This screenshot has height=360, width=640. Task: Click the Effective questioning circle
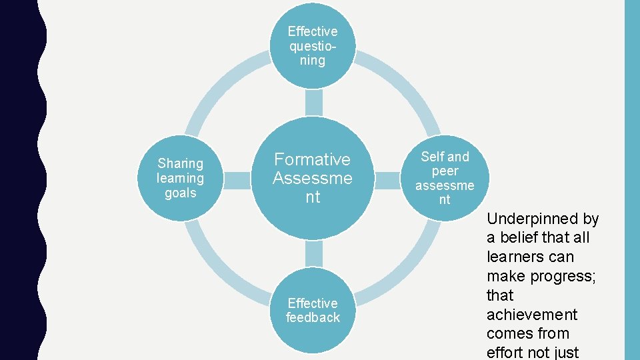(x=313, y=45)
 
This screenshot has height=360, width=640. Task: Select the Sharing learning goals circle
(x=180, y=178)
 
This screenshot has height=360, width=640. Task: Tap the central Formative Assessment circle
(x=313, y=178)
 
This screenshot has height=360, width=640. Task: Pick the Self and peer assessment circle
(x=445, y=178)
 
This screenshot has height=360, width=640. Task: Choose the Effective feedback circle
(x=313, y=311)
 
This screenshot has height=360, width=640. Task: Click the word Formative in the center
(x=313, y=159)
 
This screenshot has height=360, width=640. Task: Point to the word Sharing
(x=180, y=163)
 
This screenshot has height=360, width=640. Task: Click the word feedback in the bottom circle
(x=313, y=318)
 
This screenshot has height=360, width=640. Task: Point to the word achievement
(x=531, y=315)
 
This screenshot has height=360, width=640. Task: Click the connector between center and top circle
(x=313, y=103)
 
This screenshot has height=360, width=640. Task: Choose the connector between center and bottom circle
(x=313, y=254)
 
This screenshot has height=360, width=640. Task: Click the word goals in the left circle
(x=180, y=193)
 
